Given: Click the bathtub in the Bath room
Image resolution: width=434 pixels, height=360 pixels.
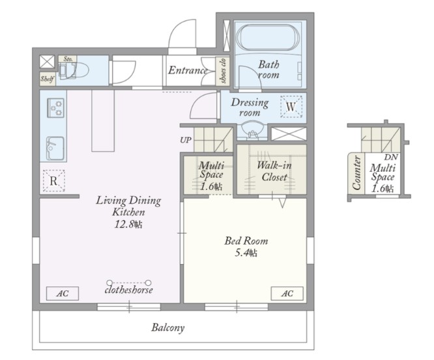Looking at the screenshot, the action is (x=268, y=38).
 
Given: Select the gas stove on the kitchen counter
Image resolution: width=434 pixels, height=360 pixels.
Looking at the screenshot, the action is (x=55, y=108).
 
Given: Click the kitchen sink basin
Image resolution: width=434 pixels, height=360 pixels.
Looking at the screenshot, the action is (x=55, y=148).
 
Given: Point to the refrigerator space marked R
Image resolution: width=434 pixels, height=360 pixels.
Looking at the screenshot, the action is (x=53, y=181).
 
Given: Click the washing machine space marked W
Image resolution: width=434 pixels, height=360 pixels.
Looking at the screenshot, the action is (x=291, y=107).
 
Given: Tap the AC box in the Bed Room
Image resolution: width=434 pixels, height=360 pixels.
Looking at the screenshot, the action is (x=287, y=294).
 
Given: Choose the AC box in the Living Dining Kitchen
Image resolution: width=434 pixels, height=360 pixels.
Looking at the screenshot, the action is (x=63, y=294).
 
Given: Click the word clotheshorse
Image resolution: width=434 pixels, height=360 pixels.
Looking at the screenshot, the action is (x=129, y=290).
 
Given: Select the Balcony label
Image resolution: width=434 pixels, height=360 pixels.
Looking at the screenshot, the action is (x=167, y=327).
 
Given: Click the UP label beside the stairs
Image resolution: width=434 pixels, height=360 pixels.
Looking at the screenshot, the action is (x=186, y=140).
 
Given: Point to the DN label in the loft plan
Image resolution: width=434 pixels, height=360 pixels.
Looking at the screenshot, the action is (x=391, y=158).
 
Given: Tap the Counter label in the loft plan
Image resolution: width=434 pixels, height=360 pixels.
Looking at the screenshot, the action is (x=356, y=173).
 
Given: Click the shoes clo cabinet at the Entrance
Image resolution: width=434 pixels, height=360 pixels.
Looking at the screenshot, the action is (x=222, y=71).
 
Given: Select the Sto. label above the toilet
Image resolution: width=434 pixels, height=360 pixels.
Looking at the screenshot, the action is (x=68, y=59).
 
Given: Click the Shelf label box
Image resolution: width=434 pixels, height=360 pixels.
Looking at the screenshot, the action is (x=48, y=79).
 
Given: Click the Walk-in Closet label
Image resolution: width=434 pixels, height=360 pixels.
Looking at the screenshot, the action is (x=274, y=171).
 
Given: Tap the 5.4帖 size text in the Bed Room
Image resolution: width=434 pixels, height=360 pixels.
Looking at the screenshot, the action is (x=246, y=253).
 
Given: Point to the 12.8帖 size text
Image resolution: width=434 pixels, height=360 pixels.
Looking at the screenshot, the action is (x=128, y=224).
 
